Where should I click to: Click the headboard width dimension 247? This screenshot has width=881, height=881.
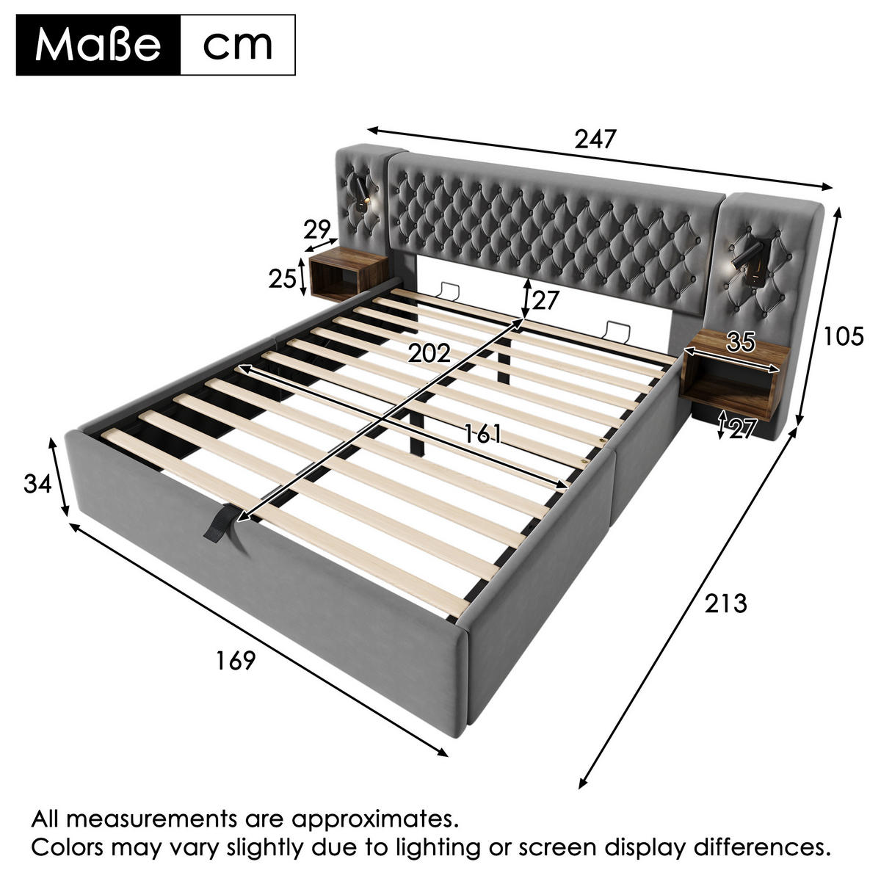(595, 139)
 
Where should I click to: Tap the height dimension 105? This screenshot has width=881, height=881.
(844, 337)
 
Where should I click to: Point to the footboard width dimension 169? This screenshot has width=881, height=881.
(235, 661)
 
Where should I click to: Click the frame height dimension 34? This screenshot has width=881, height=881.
(37, 484)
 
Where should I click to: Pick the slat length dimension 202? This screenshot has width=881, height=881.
(429, 353)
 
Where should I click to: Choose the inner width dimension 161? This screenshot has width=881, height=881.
(483, 434)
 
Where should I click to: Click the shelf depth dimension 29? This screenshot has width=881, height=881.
(317, 230)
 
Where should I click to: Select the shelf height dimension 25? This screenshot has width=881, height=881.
(283, 278)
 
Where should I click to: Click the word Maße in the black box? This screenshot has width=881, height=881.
(98, 46)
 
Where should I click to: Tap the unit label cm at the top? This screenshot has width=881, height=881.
(238, 46)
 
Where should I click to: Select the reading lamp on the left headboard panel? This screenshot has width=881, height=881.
(363, 195)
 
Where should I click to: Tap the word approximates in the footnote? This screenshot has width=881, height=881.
(375, 820)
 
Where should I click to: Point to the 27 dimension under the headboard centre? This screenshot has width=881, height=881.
(545, 300)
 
